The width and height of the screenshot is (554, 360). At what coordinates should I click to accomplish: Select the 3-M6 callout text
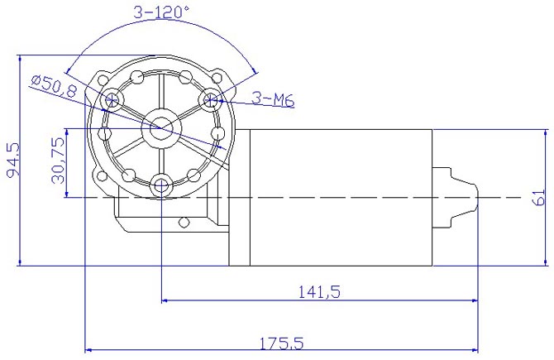273,101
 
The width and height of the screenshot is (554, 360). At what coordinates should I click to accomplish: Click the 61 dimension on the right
538,198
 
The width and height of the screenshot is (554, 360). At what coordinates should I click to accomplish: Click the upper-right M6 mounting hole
213,100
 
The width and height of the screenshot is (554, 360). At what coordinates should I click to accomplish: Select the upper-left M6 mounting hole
111,100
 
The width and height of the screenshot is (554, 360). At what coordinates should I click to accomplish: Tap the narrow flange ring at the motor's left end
239,198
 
